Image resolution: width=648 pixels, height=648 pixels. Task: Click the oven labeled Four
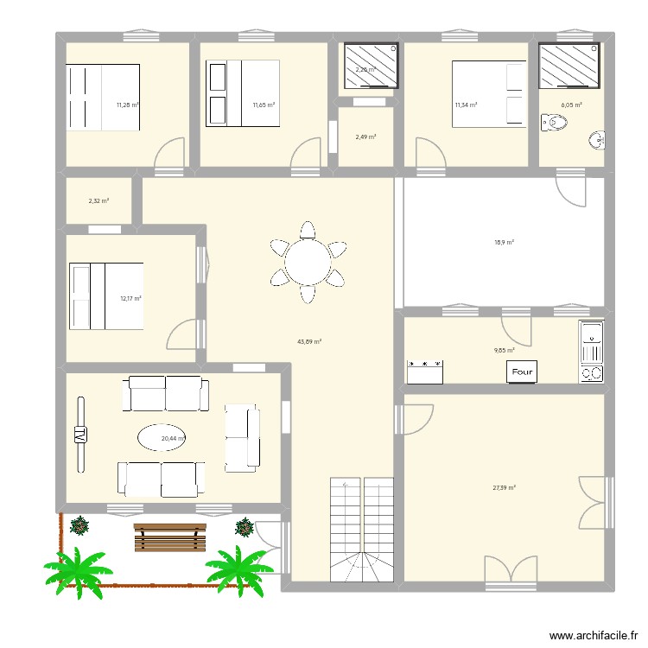523,372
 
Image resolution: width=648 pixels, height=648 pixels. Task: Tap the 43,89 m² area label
309,341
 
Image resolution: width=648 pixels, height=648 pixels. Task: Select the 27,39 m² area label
504,488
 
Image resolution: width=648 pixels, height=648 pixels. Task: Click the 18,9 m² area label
504,243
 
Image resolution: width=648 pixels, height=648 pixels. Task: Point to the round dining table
308,261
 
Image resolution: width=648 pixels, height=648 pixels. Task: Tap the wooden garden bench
169,537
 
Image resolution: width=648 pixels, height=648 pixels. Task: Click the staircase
362,530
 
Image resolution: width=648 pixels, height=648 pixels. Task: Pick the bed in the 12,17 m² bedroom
105,296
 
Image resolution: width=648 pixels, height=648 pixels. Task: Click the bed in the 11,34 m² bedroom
489,93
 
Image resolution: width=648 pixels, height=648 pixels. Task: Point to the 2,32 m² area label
98,201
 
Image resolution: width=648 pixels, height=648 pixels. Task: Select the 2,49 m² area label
366,137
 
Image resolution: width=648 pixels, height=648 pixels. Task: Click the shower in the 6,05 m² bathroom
571,65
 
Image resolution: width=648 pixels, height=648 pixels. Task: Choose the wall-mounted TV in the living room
81,435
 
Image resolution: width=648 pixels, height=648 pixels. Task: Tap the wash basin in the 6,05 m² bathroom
596,140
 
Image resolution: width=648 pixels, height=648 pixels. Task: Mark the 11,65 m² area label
264,105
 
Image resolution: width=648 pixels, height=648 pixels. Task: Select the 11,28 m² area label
128,105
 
